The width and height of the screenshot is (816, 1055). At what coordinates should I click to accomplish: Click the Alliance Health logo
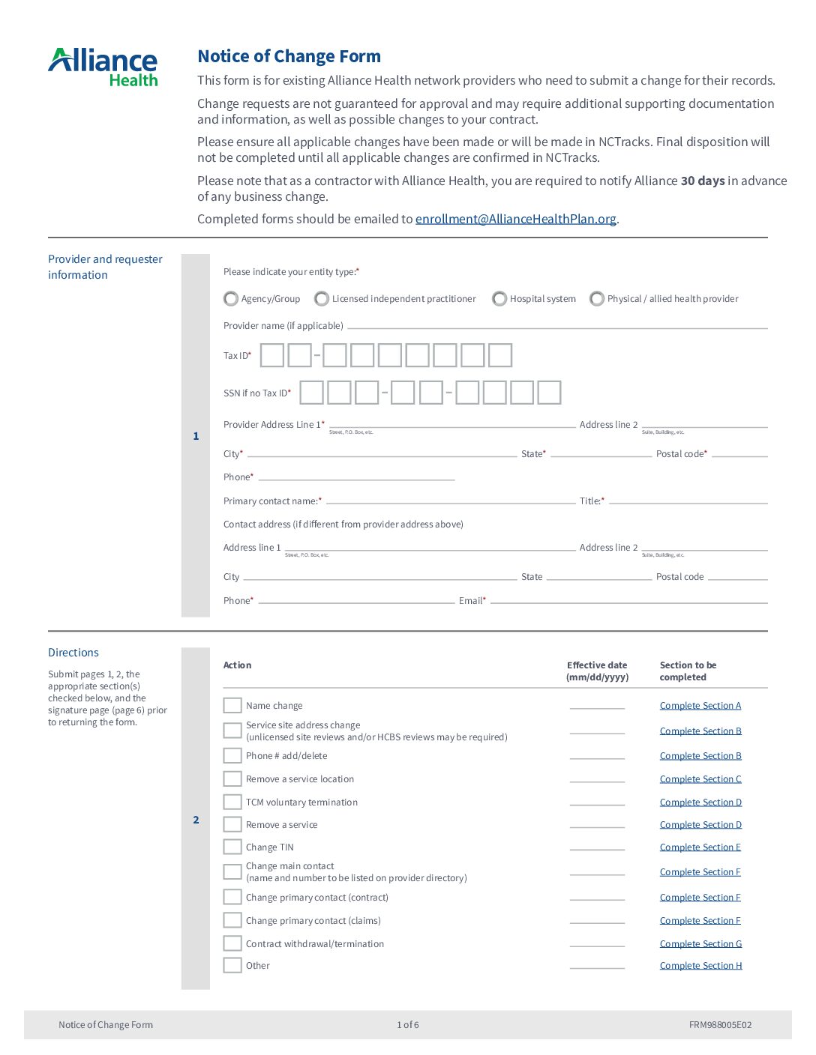point(103,67)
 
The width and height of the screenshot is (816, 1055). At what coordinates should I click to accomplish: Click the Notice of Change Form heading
point(289,56)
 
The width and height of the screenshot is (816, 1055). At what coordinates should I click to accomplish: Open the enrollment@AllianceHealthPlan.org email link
point(515,219)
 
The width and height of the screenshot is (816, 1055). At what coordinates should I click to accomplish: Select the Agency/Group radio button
point(231,299)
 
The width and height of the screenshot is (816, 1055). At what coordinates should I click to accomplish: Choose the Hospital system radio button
point(499,299)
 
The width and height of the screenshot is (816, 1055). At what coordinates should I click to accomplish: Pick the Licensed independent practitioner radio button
point(322,299)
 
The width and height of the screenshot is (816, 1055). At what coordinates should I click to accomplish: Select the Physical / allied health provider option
point(597,299)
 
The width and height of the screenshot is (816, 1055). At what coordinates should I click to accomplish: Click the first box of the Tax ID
point(272,355)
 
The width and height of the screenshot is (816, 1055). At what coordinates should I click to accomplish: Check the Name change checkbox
point(232,706)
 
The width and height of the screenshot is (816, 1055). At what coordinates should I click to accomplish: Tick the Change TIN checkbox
point(232,847)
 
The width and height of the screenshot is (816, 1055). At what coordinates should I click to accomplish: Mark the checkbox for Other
point(232,965)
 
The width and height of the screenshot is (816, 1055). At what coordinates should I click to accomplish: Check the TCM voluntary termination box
point(232,802)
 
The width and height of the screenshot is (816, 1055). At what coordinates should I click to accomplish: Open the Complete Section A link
point(700,706)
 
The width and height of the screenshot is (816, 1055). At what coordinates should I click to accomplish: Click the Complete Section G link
point(700,944)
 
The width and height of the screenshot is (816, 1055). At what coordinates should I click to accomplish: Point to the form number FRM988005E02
point(720,1025)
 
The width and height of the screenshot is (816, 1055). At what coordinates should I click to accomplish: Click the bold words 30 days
point(702,181)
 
